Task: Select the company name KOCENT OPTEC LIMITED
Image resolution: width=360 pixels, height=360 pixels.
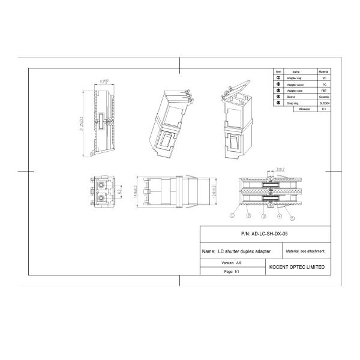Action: tap(297, 266)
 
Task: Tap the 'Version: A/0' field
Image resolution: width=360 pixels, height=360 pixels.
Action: tap(231, 263)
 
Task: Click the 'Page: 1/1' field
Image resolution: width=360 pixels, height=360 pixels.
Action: tap(232, 271)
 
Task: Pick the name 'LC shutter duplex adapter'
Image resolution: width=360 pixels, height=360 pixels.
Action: tap(236, 251)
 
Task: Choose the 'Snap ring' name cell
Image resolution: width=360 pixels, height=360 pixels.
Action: tap(295, 103)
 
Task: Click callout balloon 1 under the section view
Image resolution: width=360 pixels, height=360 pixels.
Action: tap(231, 214)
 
